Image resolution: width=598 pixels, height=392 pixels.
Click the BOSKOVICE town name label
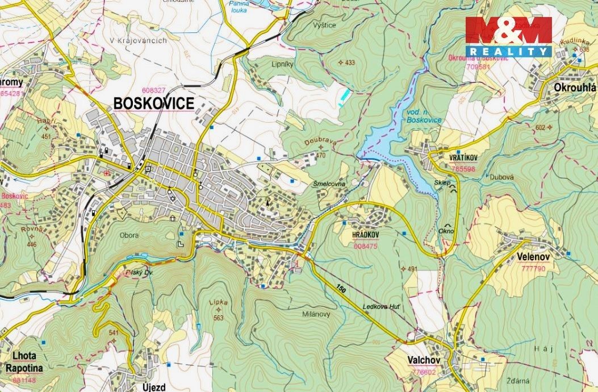click(x=154, y=103)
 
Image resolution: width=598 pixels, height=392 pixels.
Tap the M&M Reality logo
click(x=508, y=36)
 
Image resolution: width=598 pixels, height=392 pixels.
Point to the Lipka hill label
click(x=218, y=302)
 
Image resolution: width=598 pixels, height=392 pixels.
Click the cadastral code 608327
click(x=154, y=90)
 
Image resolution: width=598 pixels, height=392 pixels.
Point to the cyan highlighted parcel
click(x=342, y=97)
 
